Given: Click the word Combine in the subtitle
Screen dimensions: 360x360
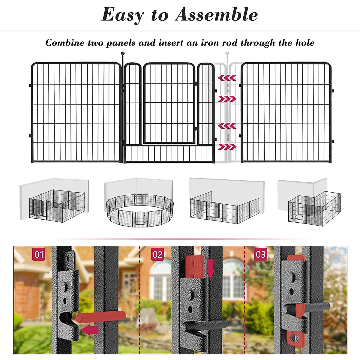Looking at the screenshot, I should (65, 43).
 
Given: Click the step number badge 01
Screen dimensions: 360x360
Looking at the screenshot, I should (39, 254).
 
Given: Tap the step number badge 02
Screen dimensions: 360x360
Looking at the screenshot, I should (157, 254).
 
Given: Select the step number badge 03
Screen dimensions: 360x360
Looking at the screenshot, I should (260, 254).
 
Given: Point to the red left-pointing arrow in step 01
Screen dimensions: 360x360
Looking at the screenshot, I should (90, 330).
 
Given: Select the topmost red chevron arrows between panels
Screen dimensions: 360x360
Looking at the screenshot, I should (227, 78).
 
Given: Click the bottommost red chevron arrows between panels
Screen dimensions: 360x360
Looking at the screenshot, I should (227, 147).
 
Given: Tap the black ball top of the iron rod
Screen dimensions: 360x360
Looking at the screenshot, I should (122, 54).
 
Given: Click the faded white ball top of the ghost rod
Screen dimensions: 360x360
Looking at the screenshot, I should (227, 54).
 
